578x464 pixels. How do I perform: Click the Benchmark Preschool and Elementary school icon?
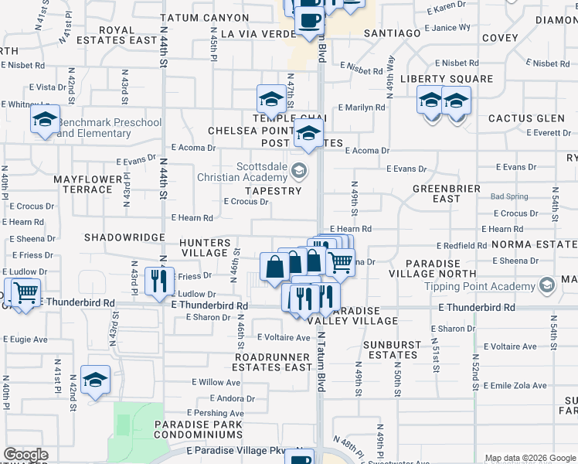coord(45,121)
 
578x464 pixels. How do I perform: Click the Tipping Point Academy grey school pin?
coord(547,286)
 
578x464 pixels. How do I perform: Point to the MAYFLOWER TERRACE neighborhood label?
coord(88,184)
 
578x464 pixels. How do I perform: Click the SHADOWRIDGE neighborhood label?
coord(124,237)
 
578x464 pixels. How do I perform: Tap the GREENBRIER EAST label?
coord(447,193)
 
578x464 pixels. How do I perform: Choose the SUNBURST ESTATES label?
coord(394,350)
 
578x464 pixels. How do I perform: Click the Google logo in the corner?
coord(26,455)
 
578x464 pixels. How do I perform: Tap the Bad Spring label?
coord(508,196)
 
